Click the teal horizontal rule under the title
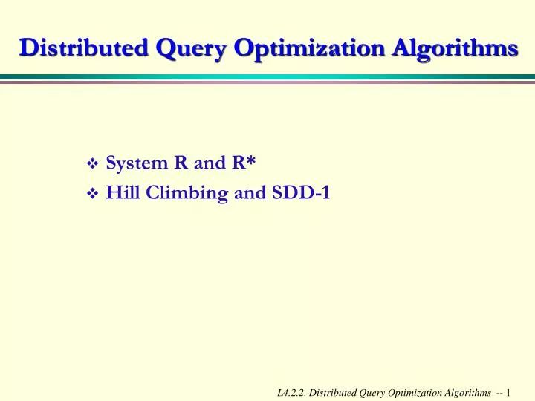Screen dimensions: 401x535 click(267, 76)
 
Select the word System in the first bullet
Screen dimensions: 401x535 click(137, 163)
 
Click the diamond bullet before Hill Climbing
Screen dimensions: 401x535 click(93, 194)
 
